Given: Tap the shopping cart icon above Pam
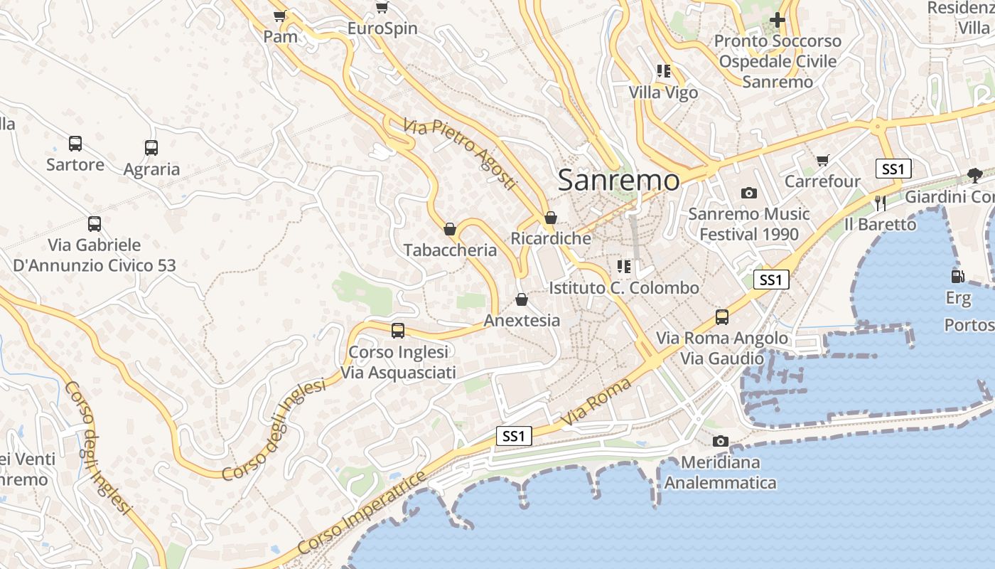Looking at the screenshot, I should [x=280, y=15].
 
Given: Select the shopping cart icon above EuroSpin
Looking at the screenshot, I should [x=382, y=8].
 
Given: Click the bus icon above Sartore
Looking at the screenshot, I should [x=75, y=144].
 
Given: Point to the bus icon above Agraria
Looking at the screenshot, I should [x=151, y=148].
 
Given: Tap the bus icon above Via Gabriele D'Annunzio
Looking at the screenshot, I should [x=95, y=224].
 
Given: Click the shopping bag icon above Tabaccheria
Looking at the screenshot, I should [x=449, y=229].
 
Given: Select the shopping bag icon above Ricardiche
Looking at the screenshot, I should [x=550, y=218].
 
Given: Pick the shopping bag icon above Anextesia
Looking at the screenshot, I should [x=522, y=299].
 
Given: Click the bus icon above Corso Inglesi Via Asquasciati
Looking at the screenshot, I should [x=398, y=331].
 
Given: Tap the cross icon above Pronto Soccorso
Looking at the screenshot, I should [x=778, y=20].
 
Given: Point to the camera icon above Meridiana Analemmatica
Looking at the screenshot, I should [x=721, y=441].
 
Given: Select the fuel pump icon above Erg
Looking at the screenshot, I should [x=957, y=276].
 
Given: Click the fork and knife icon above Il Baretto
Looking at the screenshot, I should [x=881, y=203].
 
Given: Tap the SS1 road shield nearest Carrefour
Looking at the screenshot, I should [x=893, y=169].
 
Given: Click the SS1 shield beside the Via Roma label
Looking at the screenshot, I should [x=513, y=436].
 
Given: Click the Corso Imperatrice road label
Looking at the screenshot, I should [x=362, y=513].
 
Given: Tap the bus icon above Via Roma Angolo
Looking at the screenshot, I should [x=722, y=317].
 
